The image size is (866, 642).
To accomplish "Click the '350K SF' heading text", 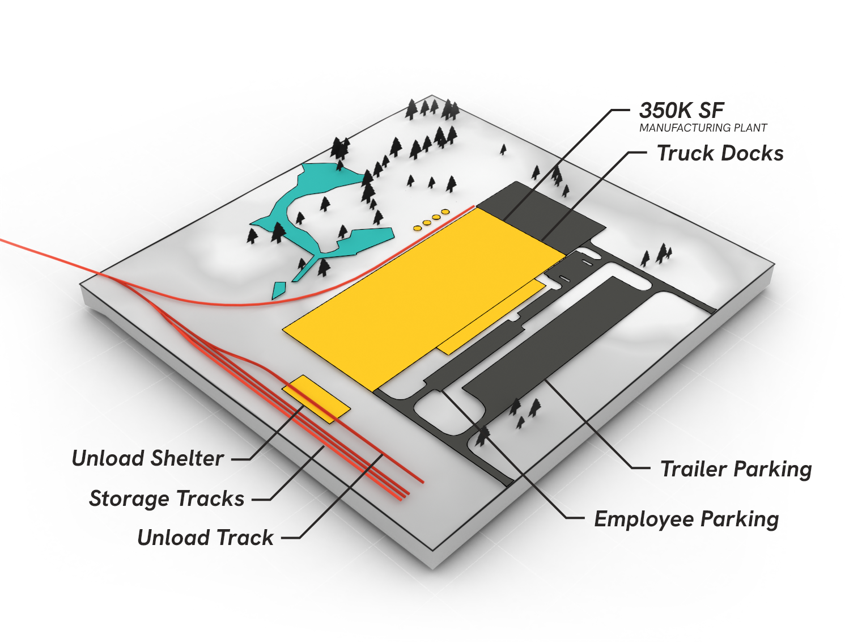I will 681,110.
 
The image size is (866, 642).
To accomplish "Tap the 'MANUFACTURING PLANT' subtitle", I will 703,128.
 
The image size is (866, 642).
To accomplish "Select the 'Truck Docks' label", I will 720,153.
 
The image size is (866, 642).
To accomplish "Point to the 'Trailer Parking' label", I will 736,469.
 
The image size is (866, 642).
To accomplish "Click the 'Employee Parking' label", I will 686,519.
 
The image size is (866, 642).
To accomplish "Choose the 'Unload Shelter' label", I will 147,458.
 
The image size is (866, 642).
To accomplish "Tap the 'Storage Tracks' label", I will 167,499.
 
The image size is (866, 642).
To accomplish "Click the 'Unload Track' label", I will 205,538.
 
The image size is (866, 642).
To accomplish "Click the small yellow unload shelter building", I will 316,399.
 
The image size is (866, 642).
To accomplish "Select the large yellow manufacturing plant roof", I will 419,295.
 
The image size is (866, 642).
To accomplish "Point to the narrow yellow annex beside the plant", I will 491,318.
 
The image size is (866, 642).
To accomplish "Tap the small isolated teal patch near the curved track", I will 278,290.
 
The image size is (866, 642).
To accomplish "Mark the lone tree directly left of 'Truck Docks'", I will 503,149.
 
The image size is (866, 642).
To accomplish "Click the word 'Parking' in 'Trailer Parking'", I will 772,470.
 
